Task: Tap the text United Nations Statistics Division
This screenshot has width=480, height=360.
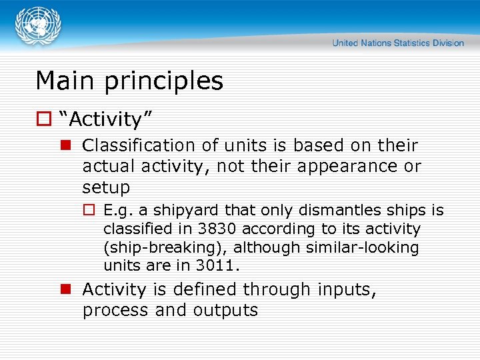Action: point(398,43)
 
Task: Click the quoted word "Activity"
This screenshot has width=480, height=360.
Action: point(106,120)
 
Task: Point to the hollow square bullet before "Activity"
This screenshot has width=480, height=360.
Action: point(43,120)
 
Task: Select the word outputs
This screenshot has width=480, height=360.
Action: point(225,311)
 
